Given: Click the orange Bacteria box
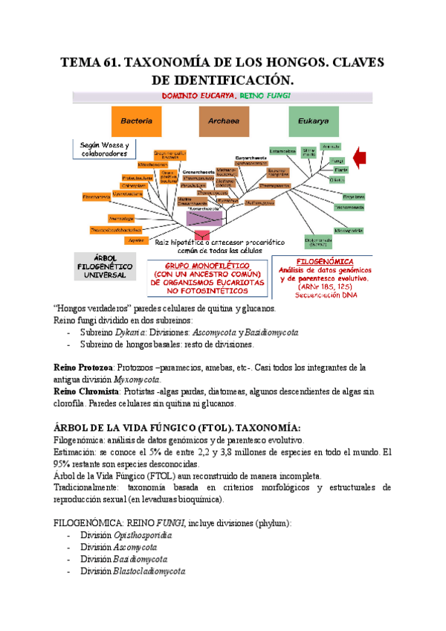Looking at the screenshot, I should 136,121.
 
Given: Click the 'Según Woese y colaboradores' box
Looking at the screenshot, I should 103,149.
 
